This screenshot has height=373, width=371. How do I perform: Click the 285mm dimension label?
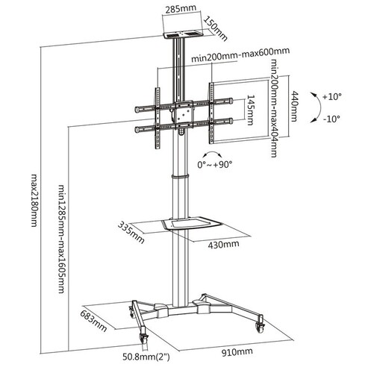[181, 8]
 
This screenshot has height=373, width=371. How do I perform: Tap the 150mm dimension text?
[216, 29]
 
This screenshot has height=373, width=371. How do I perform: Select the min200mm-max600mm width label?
[240, 54]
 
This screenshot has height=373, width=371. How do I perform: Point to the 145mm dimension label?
[250, 110]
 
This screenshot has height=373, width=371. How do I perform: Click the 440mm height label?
[294, 107]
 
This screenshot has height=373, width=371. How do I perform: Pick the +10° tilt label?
[332, 96]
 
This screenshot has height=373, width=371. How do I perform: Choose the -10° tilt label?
[331, 119]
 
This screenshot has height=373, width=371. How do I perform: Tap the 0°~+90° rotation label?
[215, 164]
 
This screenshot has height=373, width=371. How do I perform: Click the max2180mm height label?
[34, 200]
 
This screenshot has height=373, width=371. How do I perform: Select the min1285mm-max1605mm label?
[62, 239]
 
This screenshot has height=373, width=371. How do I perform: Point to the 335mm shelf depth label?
[131, 233]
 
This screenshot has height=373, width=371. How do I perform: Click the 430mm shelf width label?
[223, 245]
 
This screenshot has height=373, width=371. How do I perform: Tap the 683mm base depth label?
[93, 322]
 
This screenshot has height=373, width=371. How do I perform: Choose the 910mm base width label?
[237, 352]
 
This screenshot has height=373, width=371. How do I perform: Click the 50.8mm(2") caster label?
[146, 357]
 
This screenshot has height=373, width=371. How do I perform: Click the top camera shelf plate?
[184, 34]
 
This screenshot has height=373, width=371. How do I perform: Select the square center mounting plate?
[184, 114]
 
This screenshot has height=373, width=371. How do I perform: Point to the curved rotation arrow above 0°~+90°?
[212, 153]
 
